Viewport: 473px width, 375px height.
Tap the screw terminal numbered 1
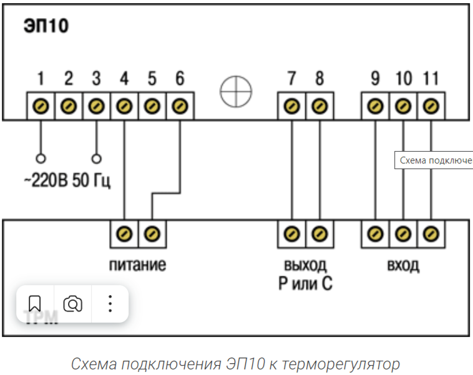tap(41, 106)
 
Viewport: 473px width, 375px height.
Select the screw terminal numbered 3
tap(96, 106)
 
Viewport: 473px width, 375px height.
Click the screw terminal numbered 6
tap(180, 106)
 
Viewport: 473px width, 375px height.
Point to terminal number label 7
tap(291, 79)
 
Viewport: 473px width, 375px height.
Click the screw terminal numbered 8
tap(319, 106)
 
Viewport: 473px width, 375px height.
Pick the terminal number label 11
tap(431, 79)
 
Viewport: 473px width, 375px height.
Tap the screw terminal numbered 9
tap(375, 106)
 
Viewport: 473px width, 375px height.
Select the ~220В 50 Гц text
tap(67, 183)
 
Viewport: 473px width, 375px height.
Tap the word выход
tap(305, 265)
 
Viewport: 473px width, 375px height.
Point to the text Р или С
tap(305, 284)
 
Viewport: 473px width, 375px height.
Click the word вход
tap(402, 265)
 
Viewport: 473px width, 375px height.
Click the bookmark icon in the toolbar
tap(35, 304)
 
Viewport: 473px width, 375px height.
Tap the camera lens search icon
tap(73, 304)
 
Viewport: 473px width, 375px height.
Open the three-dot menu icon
tap(110, 304)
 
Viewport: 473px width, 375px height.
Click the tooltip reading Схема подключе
tap(435, 160)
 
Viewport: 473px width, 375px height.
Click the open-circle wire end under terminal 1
tap(41, 158)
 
